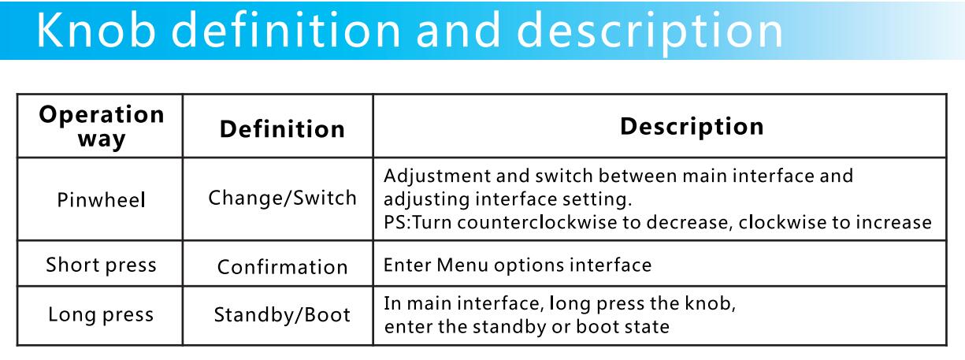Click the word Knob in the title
click(x=95, y=30)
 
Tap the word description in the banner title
click(x=650, y=33)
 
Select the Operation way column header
click(x=102, y=127)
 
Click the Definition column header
click(x=282, y=128)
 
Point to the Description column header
click(x=692, y=127)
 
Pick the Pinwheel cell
click(x=102, y=200)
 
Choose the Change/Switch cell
click(x=282, y=198)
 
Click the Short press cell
click(x=102, y=265)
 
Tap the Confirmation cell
click(x=282, y=267)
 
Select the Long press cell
click(x=101, y=314)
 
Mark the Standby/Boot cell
click(x=282, y=315)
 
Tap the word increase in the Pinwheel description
click(x=893, y=222)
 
